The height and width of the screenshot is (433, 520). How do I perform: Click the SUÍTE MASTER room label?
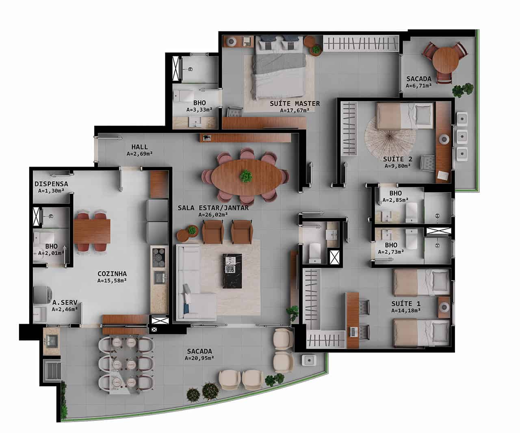click(295, 104)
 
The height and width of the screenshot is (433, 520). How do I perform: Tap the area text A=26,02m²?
click(213, 214)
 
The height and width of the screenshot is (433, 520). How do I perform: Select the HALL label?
click(139, 147)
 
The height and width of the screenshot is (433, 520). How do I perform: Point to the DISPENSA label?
click(51, 184)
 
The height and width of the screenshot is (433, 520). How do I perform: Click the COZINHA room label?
click(112, 274)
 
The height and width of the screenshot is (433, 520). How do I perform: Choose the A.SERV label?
click(65, 303)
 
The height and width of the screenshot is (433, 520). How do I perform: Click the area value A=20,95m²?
click(199, 358)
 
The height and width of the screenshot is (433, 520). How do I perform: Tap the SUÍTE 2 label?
click(397, 159)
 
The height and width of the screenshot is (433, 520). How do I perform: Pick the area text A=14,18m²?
click(406, 310)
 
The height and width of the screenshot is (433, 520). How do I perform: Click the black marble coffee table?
click(232, 271)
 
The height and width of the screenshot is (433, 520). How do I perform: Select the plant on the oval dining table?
click(246, 176)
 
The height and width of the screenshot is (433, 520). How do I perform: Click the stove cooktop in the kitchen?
click(158, 257)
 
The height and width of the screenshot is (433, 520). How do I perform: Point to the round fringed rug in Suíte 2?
click(390, 139)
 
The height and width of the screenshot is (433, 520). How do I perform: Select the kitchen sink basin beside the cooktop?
click(159, 277)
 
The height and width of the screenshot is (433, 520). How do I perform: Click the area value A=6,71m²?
click(418, 86)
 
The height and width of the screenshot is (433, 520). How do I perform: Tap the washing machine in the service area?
click(42, 295)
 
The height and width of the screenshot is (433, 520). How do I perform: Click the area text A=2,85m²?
click(395, 200)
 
